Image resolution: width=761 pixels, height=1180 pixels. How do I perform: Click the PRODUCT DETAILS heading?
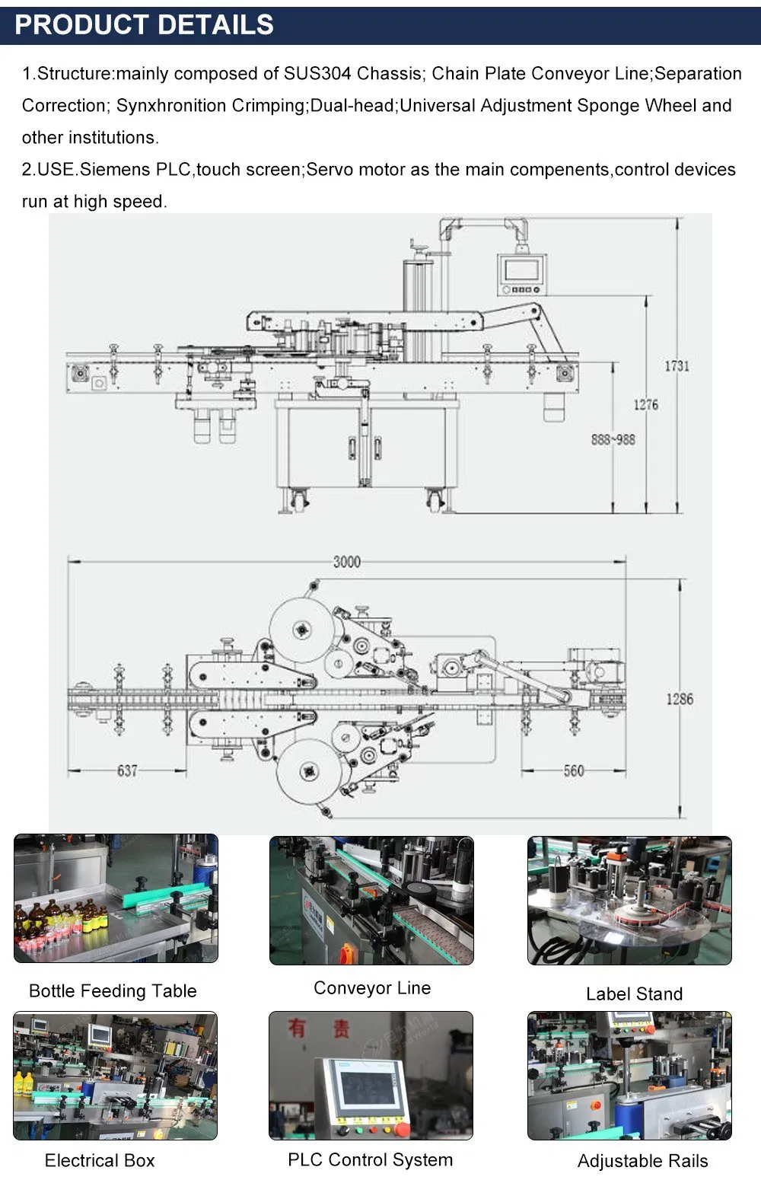[144, 25]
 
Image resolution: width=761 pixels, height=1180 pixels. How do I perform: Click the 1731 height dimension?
[677, 366]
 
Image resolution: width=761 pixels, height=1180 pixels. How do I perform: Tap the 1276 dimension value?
[645, 404]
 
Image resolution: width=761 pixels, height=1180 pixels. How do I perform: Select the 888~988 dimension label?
[613, 439]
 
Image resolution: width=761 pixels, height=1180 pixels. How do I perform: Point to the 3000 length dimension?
[346, 562]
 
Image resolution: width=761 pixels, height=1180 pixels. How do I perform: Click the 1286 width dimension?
[680, 699]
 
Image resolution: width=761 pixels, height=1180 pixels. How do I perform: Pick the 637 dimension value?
[127, 770]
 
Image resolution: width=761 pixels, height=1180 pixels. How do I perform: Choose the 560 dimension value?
[574, 770]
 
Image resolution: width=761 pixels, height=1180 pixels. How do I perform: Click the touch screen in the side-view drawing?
[521, 269]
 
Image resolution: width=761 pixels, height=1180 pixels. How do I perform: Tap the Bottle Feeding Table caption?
[113, 990]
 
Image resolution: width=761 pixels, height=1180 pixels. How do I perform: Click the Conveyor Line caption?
[372, 988]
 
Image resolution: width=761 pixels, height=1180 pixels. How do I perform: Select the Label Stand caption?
[634, 993]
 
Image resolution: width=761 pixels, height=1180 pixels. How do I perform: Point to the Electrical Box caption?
[100, 1160]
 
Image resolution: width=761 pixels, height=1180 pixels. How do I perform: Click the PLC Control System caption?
[370, 1159]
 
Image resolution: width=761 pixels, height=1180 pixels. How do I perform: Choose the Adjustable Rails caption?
[642, 1161]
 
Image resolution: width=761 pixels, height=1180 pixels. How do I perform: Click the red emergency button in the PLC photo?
[403, 1125]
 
